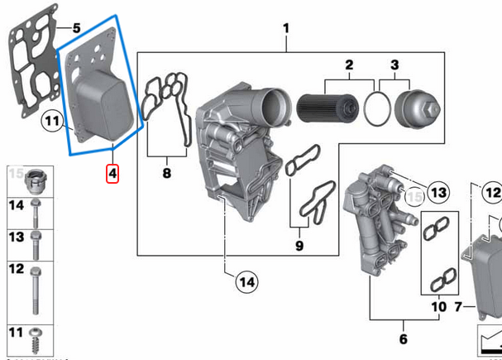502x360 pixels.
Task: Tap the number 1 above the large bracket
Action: pos(286,31)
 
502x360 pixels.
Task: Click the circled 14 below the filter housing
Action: pos(245,282)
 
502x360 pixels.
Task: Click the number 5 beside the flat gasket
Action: pos(76,28)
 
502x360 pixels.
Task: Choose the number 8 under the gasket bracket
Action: pos(166,174)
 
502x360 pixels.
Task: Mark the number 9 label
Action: pos(299,245)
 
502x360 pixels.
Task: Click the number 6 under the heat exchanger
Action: pos(403,338)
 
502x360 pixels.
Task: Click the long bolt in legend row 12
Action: pos(36,290)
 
